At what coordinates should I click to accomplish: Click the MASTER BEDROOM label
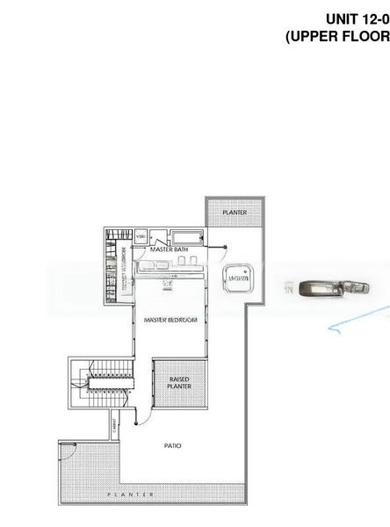point(170,321)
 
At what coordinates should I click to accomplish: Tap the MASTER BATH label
point(169,249)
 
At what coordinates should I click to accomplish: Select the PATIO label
point(173,445)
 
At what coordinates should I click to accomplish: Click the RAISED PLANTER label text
point(178,383)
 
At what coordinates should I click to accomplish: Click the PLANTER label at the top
point(234,213)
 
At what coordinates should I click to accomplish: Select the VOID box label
point(141,237)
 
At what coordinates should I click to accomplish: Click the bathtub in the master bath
point(185,238)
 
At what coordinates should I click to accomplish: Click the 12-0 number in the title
point(376,18)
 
